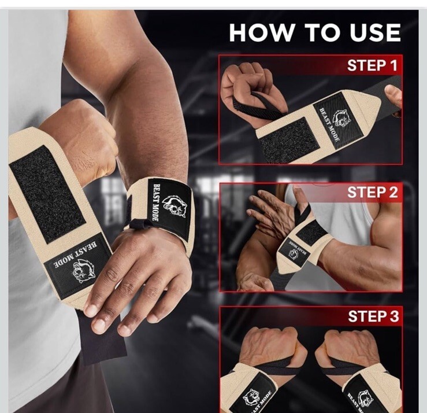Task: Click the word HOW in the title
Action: pyautogui.click(x=260, y=33)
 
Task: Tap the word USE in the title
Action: pyautogui.click(x=375, y=33)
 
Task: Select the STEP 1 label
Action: pyautogui.click(x=372, y=65)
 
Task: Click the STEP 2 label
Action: pyautogui.click(x=372, y=192)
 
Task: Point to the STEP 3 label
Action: pyautogui.click(x=373, y=316)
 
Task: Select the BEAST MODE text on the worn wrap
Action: pyautogui.click(x=156, y=202)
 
